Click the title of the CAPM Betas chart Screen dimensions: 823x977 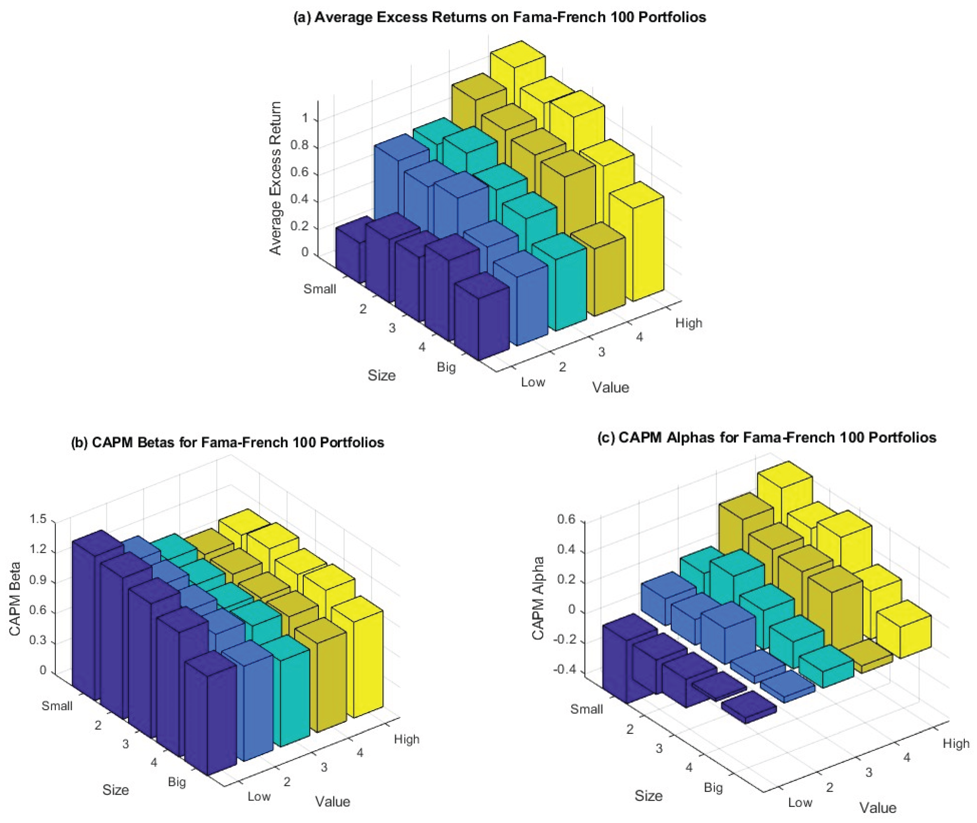227,442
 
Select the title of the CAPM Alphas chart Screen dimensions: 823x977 767,438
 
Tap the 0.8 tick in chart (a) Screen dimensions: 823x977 300,145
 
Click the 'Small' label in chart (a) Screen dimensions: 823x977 319,289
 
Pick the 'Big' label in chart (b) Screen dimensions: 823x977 177,782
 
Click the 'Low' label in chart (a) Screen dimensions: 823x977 533,382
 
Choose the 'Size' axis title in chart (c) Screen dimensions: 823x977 648,796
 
